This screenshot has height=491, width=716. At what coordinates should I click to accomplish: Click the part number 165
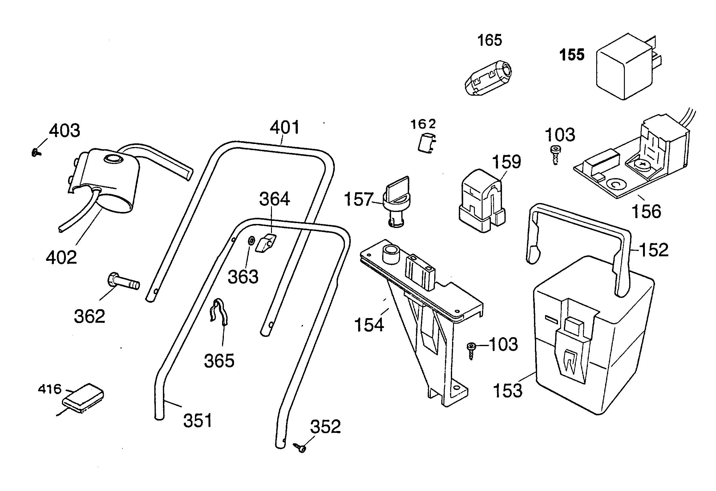[x=490, y=40]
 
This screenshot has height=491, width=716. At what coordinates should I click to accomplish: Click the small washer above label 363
[x=251, y=240]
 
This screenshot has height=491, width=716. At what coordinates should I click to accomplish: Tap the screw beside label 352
[x=300, y=448]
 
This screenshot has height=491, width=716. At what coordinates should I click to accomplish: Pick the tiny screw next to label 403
[x=36, y=152]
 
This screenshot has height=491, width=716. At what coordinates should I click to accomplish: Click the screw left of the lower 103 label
[x=471, y=350]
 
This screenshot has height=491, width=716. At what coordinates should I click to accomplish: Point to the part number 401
[x=284, y=128]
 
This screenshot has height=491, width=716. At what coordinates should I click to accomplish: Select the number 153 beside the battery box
[x=508, y=390]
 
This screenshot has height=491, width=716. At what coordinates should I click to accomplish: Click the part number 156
[x=646, y=211]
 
